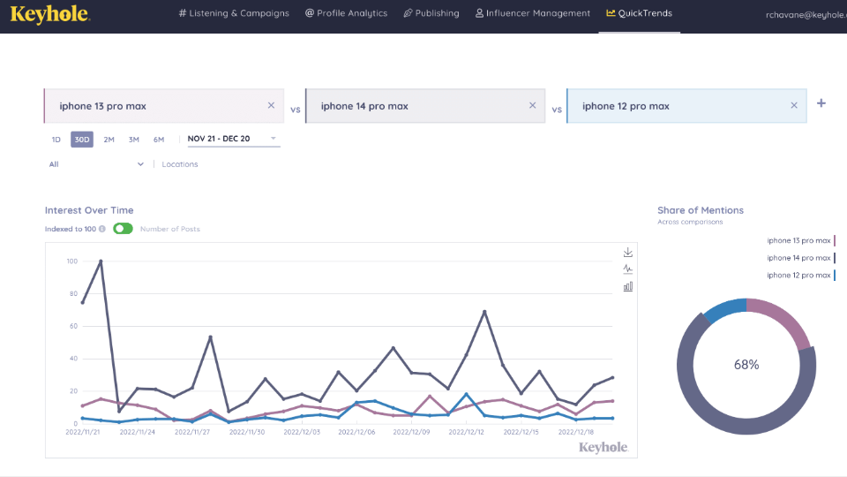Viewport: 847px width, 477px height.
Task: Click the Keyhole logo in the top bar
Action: [37, 14]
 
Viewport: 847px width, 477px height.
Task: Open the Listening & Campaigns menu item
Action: [233, 13]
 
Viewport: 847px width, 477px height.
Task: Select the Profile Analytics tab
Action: [346, 13]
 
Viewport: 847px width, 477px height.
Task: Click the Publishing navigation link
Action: [431, 13]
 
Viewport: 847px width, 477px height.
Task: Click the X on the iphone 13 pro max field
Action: [271, 106]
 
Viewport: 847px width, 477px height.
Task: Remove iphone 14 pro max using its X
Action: [532, 106]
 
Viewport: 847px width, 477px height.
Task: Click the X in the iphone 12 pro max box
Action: [793, 106]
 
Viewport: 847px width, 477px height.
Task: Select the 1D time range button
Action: [56, 140]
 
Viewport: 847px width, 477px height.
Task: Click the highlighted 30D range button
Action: [81, 140]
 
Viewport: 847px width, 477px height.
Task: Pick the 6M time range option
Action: [159, 140]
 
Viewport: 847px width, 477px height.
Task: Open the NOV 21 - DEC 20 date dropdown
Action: [231, 139]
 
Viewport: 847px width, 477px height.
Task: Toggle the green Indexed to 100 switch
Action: [123, 229]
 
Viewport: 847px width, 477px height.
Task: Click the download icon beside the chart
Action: [628, 253]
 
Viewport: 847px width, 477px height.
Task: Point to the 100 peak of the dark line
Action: [101, 261]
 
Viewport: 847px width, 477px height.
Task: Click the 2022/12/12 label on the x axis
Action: [468, 432]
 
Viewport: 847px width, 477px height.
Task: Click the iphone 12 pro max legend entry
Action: [798, 275]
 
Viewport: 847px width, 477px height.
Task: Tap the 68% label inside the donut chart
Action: [746, 364]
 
